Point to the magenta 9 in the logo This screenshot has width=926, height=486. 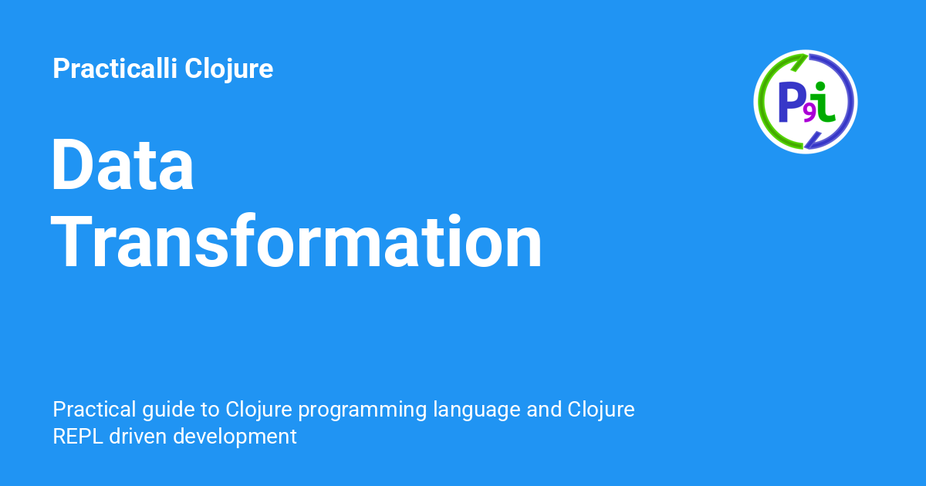(809, 114)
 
